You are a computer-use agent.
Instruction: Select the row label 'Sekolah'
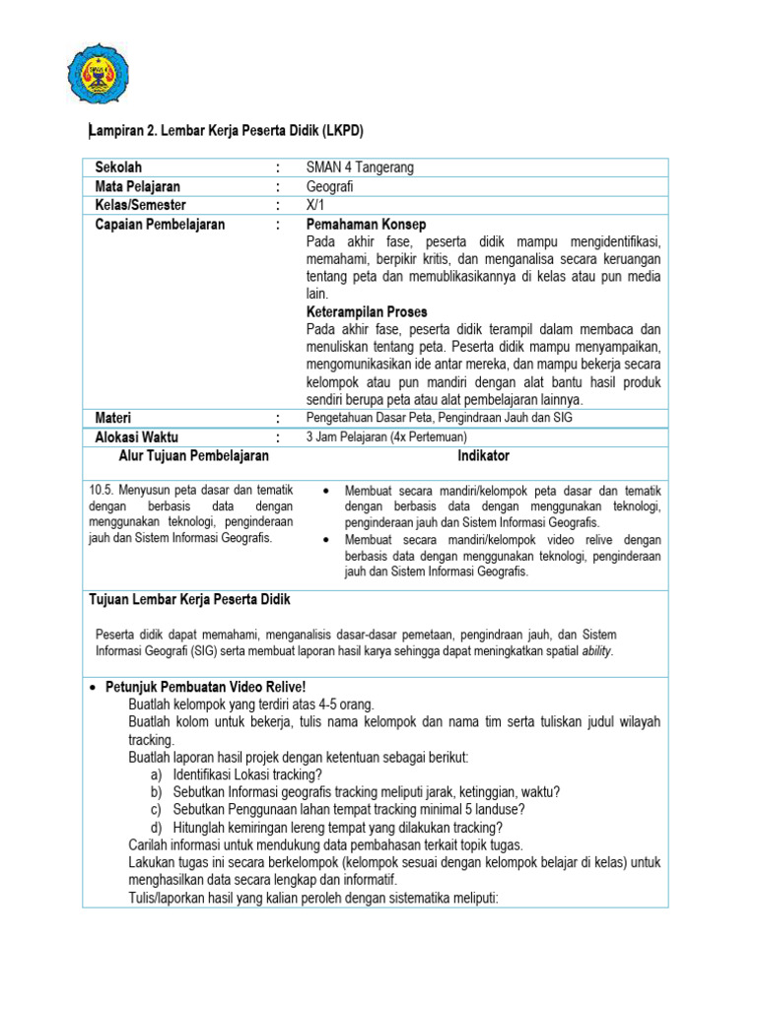coord(118,168)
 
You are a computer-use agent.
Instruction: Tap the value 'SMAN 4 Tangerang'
coord(360,168)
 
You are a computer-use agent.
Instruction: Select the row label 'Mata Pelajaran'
coord(137,186)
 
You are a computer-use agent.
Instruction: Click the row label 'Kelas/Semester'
coord(141,205)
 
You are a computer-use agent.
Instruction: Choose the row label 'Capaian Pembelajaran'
coord(160,224)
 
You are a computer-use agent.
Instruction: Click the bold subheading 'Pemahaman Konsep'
coord(366,225)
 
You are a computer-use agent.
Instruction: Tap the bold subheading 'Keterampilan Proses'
coord(367,311)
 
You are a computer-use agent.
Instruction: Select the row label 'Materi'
coord(113,419)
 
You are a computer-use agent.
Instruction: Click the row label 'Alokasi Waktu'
coord(137,437)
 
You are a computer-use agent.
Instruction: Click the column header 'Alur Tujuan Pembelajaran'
coord(193,456)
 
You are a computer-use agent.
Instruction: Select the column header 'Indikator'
coord(483,456)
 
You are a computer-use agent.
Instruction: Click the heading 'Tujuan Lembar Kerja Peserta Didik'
coord(189,600)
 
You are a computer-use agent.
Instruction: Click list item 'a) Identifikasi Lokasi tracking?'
coord(241,775)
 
